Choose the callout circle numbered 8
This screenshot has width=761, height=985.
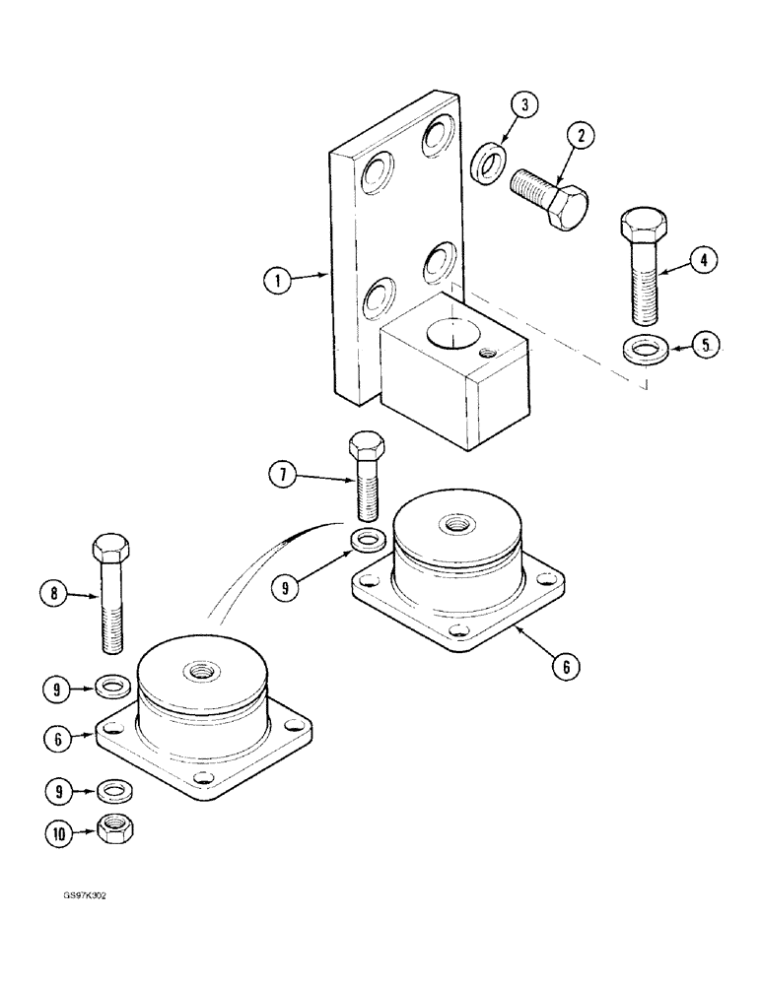54,594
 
